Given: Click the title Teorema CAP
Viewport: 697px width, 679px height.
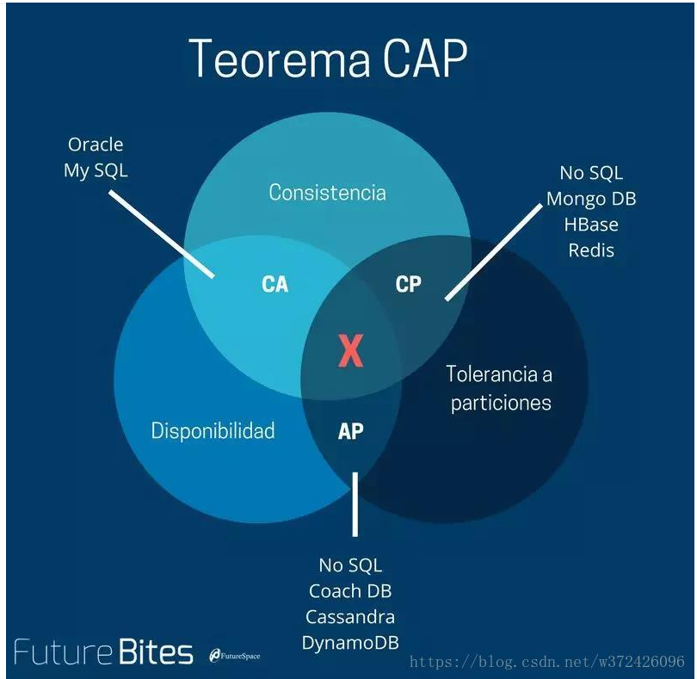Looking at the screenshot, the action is (328, 58).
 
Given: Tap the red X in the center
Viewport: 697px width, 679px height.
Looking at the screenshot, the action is (351, 351).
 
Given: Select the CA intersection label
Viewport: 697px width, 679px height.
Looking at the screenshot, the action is (275, 285).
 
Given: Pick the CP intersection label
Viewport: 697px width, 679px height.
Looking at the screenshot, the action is (408, 284).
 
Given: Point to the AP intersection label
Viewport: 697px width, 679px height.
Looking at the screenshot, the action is (351, 431).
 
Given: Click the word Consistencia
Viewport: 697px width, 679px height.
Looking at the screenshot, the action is (327, 193).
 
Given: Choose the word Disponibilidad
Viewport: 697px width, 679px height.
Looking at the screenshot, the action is (213, 431).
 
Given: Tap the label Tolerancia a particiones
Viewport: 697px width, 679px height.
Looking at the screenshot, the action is (500, 389).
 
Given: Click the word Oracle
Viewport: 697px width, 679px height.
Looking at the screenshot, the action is (96, 145).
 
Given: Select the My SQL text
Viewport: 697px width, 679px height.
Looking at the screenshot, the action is (96, 170).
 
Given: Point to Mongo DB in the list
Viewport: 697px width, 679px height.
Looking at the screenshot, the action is (591, 199).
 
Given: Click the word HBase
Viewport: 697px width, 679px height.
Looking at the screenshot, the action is (591, 225).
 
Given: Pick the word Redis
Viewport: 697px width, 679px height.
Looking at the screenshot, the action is (591, 250).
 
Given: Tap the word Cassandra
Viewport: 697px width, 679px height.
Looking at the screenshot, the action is (350, 617).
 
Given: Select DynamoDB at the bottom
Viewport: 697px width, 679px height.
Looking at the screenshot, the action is (350, 643).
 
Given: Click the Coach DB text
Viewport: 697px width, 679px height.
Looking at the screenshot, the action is (350, 591).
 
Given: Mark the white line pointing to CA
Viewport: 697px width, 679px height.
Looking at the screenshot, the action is (163, 234).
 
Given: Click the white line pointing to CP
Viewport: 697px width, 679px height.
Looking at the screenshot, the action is (494, 252).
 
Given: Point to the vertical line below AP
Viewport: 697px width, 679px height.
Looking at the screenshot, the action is (355, 504).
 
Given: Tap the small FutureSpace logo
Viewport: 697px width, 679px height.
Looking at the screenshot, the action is (235, 656).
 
